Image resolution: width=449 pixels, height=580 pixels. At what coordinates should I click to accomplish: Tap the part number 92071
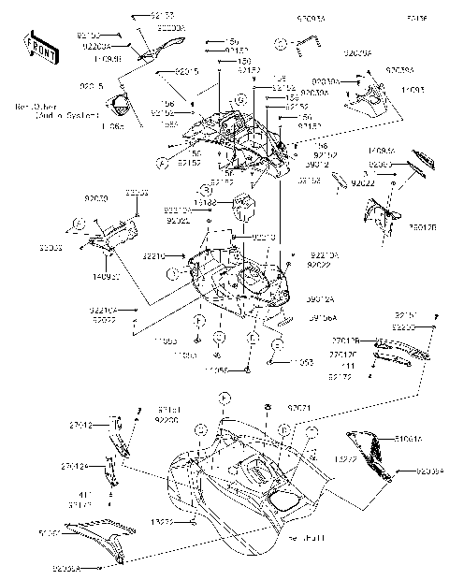[x=299, y=409]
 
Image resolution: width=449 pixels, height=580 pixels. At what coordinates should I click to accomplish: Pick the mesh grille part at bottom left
[x=99, y=531]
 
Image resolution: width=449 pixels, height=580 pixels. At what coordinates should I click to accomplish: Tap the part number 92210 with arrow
[x=155, y=255]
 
